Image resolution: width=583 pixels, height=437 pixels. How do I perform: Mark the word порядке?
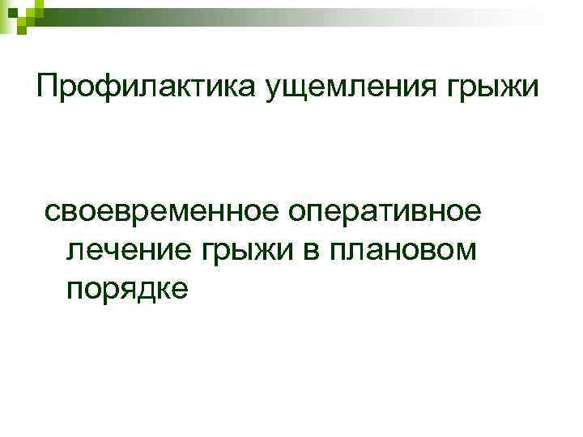127,290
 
